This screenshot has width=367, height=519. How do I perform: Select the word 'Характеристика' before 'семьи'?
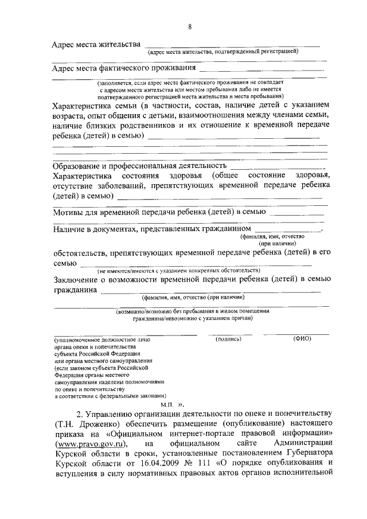click(79, 106)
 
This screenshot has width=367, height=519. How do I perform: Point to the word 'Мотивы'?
click(65, 212)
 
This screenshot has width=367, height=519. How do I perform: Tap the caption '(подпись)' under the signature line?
click(229, 339)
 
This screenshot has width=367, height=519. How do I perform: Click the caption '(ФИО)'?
click(302, 339)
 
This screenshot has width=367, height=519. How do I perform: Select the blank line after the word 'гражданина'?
click(210, 292)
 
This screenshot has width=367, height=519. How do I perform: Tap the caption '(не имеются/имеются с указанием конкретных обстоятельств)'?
click(179, 270)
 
